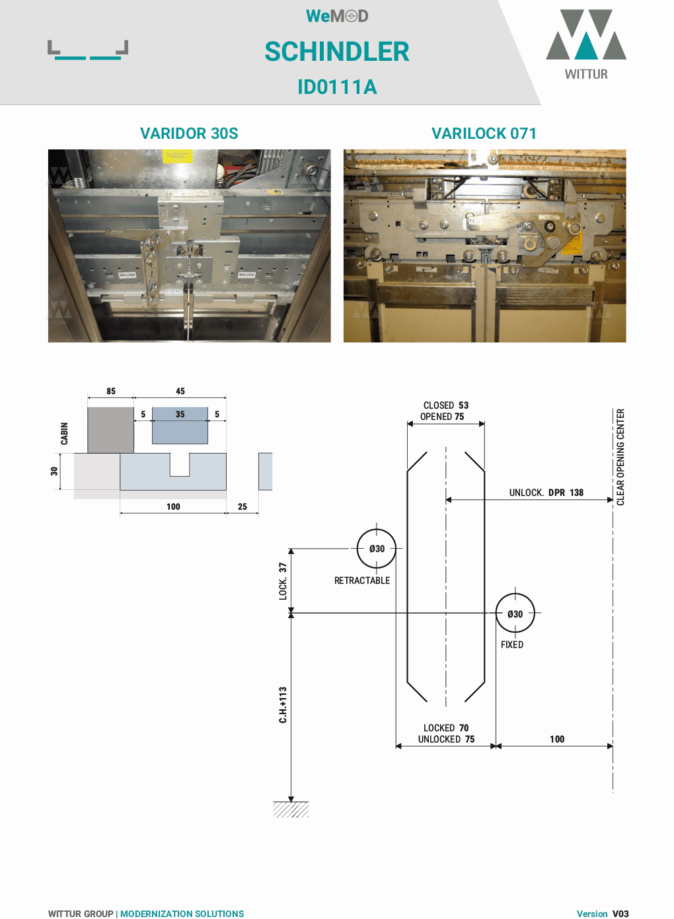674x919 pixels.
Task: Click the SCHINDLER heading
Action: [337, 52]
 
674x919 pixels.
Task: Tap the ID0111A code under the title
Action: [337, 87]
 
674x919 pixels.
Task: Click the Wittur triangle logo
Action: [586, 35]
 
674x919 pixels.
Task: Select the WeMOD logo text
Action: [337, 16]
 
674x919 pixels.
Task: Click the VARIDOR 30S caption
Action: [189, 134]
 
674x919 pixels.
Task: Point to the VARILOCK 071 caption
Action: [484, 134]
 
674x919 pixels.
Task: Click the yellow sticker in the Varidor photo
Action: [178, 156]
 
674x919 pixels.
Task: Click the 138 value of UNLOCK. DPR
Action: [576, 493]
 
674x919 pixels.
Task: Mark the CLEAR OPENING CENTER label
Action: [620, 457]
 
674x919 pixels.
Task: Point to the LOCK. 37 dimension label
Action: [283, 581]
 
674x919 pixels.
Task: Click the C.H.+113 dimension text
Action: [283, 705]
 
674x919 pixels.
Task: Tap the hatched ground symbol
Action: [291, 809]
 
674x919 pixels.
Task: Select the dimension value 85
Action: [111, 391]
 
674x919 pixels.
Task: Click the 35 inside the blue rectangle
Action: [180, 415]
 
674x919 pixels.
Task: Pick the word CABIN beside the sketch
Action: [64, 434]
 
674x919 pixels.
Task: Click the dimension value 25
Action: [243, 506]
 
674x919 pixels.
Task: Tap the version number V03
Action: [620, 914]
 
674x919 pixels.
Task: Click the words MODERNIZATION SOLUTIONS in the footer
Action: [182, 914]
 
